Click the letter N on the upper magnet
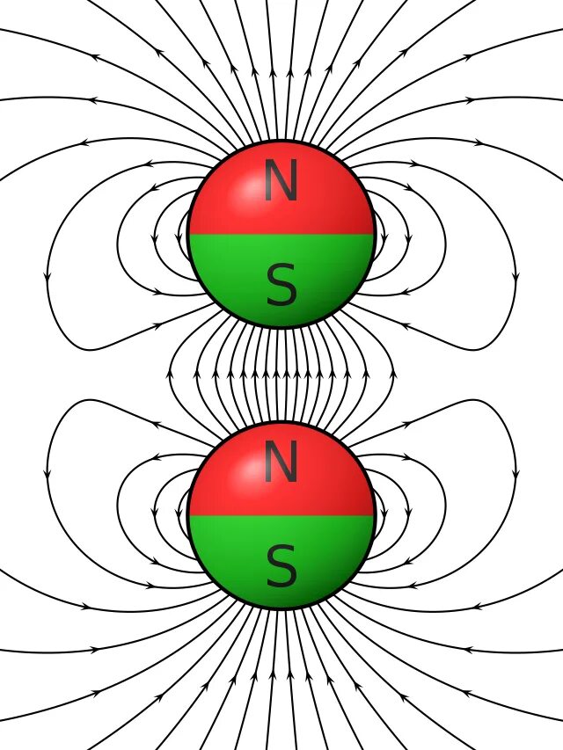pos(281,183)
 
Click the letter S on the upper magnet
pos(281,287)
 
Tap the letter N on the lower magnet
pos(281,462)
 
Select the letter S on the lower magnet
pos(281,567)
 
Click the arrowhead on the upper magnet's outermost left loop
pos(47,279)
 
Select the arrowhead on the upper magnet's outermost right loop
pos(516,279)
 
